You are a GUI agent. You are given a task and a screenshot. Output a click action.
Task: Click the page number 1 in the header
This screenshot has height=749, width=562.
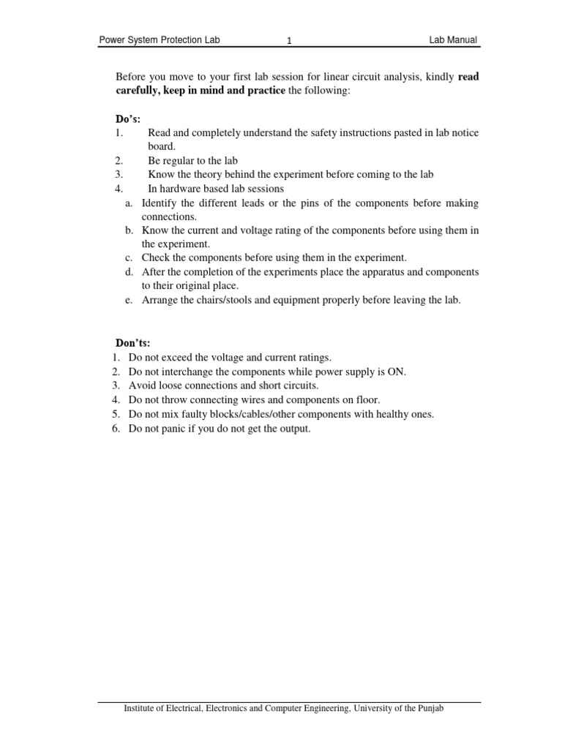click(x=290, y=42)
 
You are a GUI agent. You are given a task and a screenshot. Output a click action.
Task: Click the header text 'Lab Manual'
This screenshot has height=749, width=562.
click(x=454, y=40)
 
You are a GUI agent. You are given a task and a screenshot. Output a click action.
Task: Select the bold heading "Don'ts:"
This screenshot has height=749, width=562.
click(x=132, y=342)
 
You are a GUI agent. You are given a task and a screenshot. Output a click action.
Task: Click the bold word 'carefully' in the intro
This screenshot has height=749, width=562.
click(x=138, y=90)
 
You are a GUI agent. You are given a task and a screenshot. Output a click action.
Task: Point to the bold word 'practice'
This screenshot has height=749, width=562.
click(x=267, y=90)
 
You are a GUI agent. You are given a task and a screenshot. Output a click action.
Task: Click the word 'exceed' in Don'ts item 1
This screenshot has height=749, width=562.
click(x=176, y=357)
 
